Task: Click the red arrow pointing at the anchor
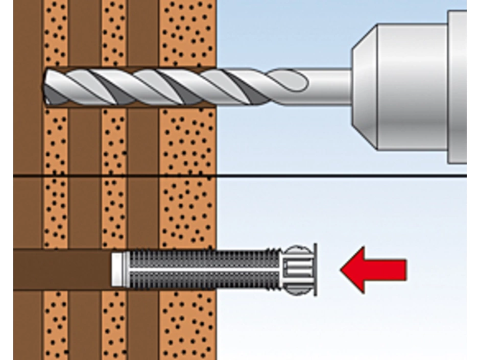375,270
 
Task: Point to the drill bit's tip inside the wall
47,87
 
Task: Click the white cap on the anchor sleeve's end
117,269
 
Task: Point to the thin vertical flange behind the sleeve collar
316,270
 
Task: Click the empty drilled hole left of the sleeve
61,270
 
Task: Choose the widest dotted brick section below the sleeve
187,324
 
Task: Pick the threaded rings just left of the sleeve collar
273,270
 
